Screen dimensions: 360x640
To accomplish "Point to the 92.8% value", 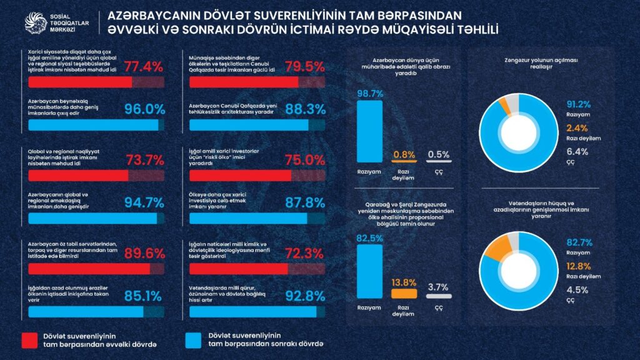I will point(305,294).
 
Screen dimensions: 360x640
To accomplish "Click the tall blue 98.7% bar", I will point(369,131).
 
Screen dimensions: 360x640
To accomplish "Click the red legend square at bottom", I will point(31,340).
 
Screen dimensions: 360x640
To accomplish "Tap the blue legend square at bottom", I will point(195,340).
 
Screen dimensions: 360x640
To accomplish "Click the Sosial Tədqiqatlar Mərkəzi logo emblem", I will point(36,22).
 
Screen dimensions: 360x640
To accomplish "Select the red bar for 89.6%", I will point(81,268).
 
